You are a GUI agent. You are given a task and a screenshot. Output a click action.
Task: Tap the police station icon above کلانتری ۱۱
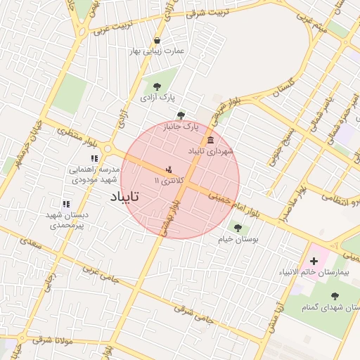[169, 170]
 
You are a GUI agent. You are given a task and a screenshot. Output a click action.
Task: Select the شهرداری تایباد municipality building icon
[211, 141]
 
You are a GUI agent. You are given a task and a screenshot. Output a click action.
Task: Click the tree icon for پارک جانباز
[181, 115]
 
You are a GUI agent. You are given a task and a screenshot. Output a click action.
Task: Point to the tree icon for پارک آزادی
[156, 87]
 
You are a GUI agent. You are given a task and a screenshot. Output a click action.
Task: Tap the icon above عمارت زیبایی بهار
[156, 40]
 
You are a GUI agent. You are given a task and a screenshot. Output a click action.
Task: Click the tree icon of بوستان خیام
[237, 228]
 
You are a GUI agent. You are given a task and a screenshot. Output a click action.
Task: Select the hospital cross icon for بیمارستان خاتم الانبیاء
[314, 262]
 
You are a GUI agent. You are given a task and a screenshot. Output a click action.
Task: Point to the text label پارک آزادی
[156, 98]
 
